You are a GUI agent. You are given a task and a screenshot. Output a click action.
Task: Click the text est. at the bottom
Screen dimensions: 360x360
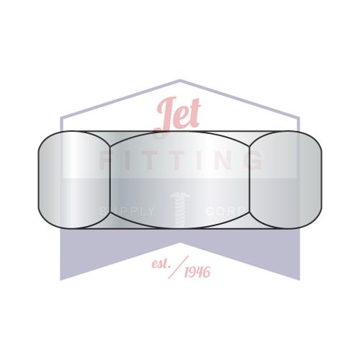161,264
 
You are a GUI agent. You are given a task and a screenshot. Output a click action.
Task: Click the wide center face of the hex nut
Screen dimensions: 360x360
180,180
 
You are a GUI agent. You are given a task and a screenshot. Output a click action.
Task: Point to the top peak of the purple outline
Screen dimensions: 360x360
180,80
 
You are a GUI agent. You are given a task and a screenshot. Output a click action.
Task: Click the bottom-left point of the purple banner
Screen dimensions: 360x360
60,279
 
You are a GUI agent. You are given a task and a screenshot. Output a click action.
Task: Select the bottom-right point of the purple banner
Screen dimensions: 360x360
300,279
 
